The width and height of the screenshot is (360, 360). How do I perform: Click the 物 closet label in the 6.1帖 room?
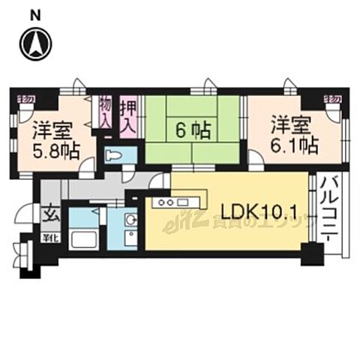tap(331, 98)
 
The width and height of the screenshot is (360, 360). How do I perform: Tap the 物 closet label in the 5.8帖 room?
tap(25, 98)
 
